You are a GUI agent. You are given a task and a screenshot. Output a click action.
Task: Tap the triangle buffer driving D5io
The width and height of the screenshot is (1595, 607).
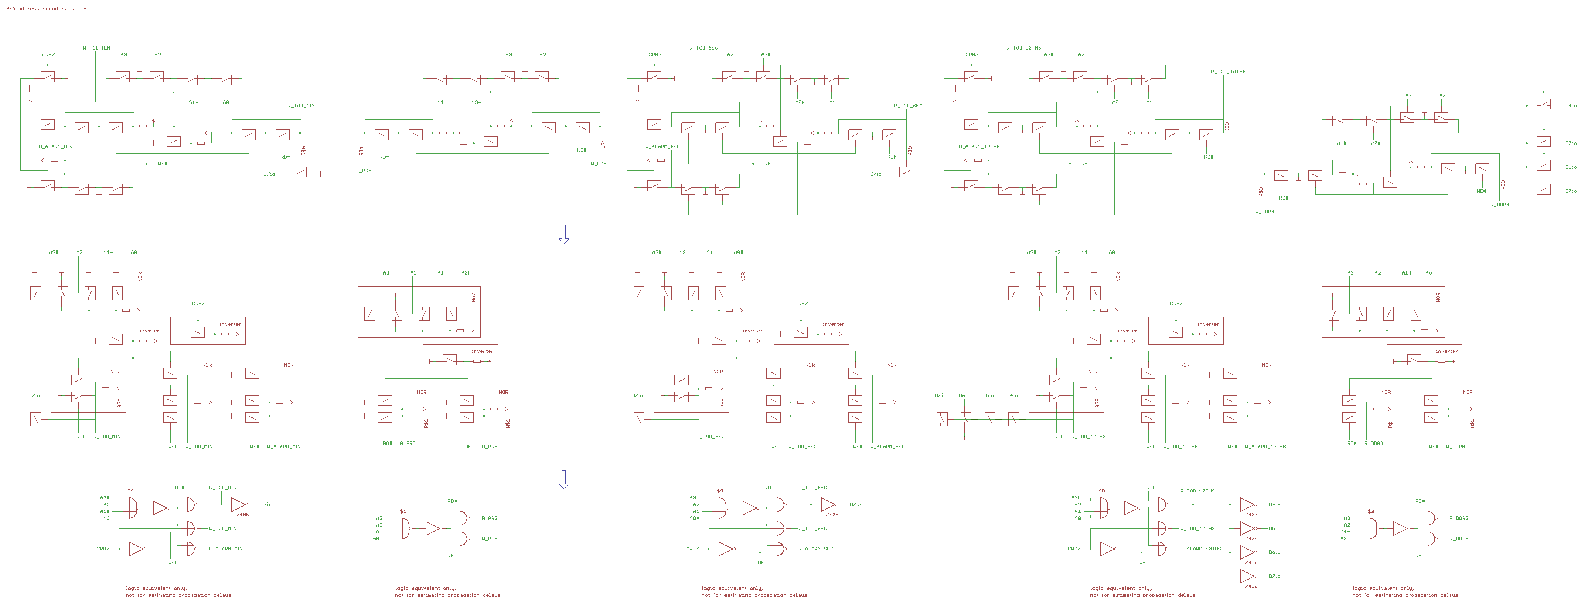[x=1247, y=528]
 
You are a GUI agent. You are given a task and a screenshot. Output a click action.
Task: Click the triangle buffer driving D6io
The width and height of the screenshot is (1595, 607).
[x=1247, y=552]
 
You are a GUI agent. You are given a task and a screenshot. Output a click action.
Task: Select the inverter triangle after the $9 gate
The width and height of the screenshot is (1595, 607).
[x=749, y=508]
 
